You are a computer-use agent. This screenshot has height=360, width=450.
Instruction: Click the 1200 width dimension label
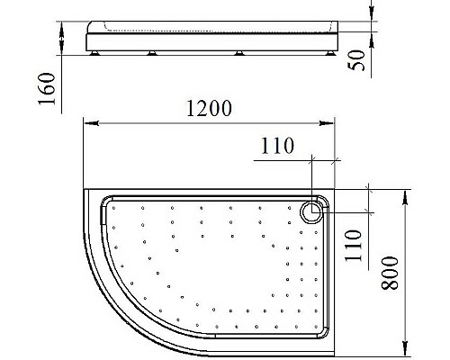pyautogui.click(x=209, y=108)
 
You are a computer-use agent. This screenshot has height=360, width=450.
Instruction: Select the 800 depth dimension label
pyautogui.click(x=389, y=269)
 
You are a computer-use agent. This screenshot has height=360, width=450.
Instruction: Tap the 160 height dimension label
pyautogui.click(x=48, y=88)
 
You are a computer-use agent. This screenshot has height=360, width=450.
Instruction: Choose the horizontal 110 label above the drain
pyautogui.click(x=277, y=147)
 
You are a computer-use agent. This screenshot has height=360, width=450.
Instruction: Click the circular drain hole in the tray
pyautogui.click(x=310, y=211)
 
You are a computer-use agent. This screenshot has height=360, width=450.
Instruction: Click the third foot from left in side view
pyautogui.click(x=240, y=56)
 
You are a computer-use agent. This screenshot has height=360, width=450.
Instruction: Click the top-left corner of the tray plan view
pyautogui.click(x=85, y=190)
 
